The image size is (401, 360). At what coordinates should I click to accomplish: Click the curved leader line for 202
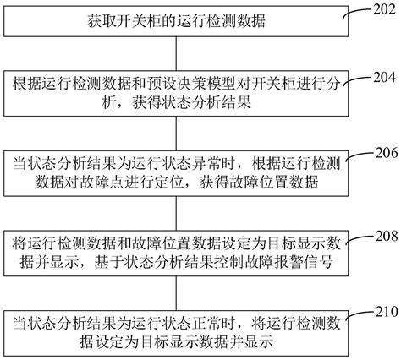[358, 11]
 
